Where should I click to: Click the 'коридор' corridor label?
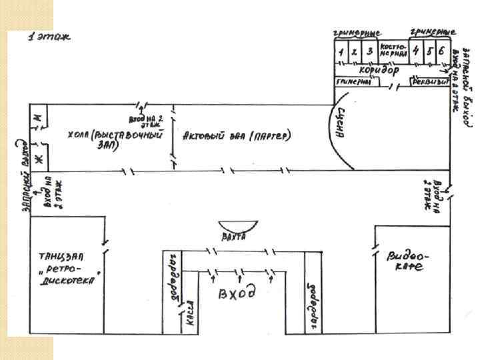379,69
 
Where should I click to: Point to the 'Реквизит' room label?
427,82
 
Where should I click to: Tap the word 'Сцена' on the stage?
341,122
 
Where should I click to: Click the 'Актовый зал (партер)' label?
237,135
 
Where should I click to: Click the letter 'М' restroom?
38,118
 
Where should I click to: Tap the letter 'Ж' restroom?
38,158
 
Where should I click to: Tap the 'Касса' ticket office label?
189,319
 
